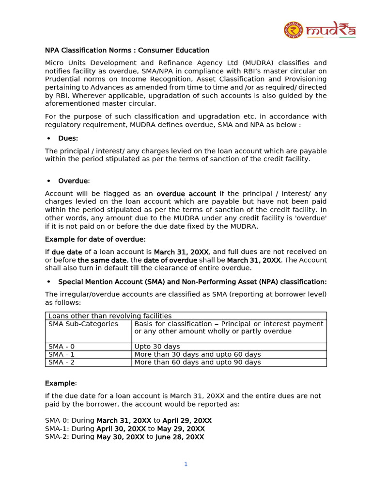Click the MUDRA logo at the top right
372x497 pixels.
tap(320, 30)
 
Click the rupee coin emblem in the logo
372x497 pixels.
tap(294, 30)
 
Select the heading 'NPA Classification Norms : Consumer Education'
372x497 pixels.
tap(127, 50)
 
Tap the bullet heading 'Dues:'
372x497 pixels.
tap(68, 138)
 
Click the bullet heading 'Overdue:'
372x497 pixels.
tap(74, 181)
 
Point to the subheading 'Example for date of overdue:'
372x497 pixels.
tap(95, 239)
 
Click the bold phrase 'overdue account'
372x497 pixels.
tap(186, 194)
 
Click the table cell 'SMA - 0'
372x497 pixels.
tap(62, 347)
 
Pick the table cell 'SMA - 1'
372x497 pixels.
tap(62, 354)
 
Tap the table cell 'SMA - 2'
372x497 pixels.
tap(62, 362)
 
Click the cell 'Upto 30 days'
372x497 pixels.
tap(157, 347)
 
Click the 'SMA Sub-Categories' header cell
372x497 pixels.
tap(83, 324)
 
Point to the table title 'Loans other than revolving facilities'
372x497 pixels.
tap(110, 316)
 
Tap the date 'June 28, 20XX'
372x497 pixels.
tap(179, 437)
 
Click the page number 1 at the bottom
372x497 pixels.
tap(186, 464)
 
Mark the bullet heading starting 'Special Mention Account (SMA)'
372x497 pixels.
tap(192, 282)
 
